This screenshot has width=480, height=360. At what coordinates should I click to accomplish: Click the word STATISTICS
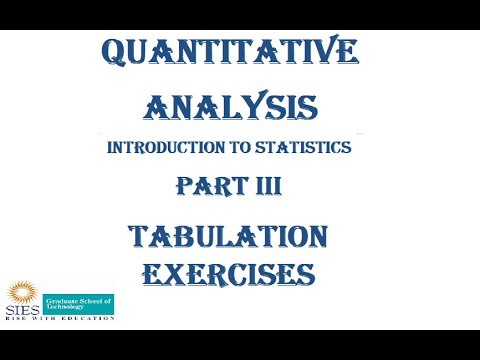tap(307, 148)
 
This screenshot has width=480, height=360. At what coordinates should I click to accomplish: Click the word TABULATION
tap(228, 236)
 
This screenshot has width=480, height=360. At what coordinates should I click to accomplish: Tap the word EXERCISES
tap(229, 271)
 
